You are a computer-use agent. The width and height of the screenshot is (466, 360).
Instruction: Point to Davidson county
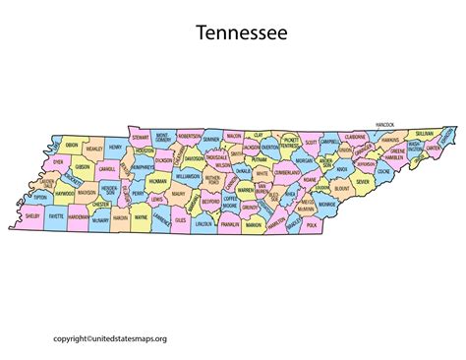tap(193, 158)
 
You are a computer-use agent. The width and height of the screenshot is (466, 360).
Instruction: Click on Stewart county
tap(140, 138)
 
